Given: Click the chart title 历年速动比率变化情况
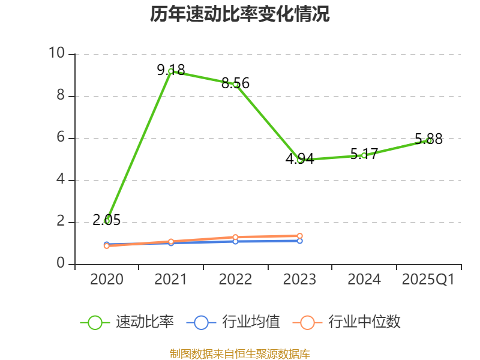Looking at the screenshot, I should click(x=239, y=14).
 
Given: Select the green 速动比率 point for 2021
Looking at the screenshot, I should click(x=171, y=71).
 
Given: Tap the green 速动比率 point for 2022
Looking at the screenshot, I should click(x=236, y=85).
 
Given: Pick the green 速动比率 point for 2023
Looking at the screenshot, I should click(x=300, y=160).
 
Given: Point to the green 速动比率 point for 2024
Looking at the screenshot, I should click(x=364, y=155).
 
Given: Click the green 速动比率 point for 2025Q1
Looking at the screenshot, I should click(x=429, y=140).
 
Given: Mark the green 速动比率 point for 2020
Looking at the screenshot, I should click(x=107, y=221).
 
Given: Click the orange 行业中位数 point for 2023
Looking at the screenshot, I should click(x=300, y=236).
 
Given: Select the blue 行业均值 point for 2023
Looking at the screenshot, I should click(x=300, y=241).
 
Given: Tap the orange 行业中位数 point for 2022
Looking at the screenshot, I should click(x=236, y=237).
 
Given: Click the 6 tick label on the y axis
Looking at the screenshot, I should click(x=60, y=138).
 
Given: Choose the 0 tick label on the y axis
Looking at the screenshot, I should click(x=60, y=264).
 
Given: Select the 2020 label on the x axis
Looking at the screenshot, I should click(x=107, y=280).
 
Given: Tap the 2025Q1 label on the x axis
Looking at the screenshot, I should click(x=428, y=280).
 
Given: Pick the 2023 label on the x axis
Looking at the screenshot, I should click(x=300, y=280).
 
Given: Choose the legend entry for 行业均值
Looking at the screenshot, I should click(x=233, y=322).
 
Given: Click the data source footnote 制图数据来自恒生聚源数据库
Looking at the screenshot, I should click(x=239, y=353).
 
